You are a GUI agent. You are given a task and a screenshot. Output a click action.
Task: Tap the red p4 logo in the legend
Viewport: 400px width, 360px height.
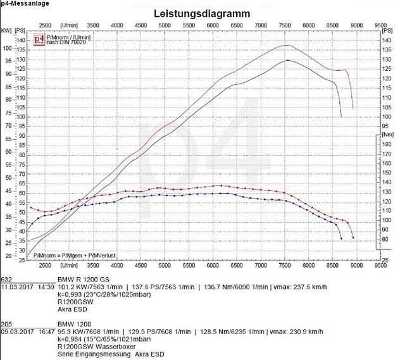click(39, 40)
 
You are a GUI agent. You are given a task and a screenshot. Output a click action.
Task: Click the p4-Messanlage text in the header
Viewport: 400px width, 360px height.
click(23, 3)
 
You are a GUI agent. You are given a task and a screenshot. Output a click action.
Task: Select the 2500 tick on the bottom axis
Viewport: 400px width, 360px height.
click(46, 266)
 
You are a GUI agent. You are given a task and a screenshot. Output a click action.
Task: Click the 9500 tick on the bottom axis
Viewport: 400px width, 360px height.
click(380, 266)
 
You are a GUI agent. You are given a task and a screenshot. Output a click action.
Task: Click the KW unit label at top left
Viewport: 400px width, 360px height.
click(6, 30)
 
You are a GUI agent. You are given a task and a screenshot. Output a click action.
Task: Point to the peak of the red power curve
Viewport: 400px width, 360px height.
click(286, 45)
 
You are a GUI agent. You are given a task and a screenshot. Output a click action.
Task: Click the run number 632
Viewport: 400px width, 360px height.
click(6, 279)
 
